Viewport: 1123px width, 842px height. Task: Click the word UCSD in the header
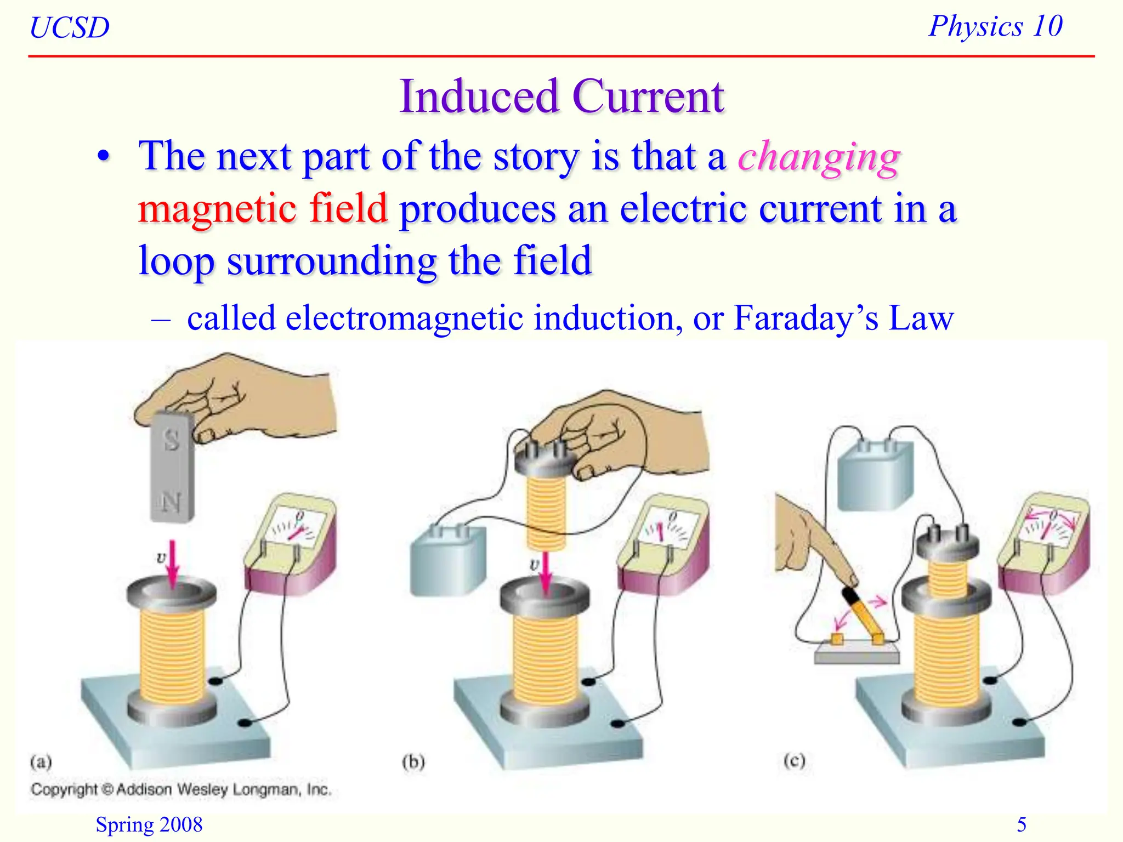point(70,28)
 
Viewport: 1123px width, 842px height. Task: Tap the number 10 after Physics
point(1047,26)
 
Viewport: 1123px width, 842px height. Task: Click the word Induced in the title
point(479,97)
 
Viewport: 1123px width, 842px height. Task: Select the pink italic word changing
point(819,157)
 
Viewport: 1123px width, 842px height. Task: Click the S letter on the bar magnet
point(172,440)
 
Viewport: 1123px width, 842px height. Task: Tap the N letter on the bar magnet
point(172,502)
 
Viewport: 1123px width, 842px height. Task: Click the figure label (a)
point(41,762)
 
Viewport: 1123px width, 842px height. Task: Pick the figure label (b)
point(413,762)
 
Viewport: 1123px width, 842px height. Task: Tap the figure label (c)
point(794,761)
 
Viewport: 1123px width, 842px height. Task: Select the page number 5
point(1022,824)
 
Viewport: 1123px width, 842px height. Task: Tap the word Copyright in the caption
point(64,789)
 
